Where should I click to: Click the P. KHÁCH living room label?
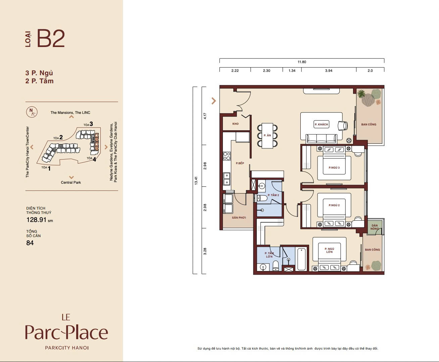[x=321, y=124]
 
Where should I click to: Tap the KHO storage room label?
[x=236, y=124]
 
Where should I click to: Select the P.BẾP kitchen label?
[x=240, y=163]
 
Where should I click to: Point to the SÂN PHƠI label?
[x=239, y=218]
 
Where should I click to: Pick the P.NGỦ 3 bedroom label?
[x=334, y=168]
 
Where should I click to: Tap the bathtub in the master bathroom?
[x=301, y=259]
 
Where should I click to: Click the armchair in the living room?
[x=343, y=126]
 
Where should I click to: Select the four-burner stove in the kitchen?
[x=227, y=156]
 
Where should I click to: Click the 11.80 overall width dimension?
[x=302, y=62]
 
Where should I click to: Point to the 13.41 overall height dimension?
[x=196, y=180]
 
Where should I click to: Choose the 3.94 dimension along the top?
[x=329, y=71]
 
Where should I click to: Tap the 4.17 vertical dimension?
[x=205, y=116]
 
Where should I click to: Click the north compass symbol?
[x=32, y=112]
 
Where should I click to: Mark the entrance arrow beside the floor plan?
[x=213, y=101]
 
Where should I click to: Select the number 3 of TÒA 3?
[x=91, y=124]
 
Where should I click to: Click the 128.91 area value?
[x=36, y=220]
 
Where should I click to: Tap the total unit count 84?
[x=30, y=243]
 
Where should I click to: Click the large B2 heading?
[x=51, y=39]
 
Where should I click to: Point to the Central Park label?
[x=71, y=182]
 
